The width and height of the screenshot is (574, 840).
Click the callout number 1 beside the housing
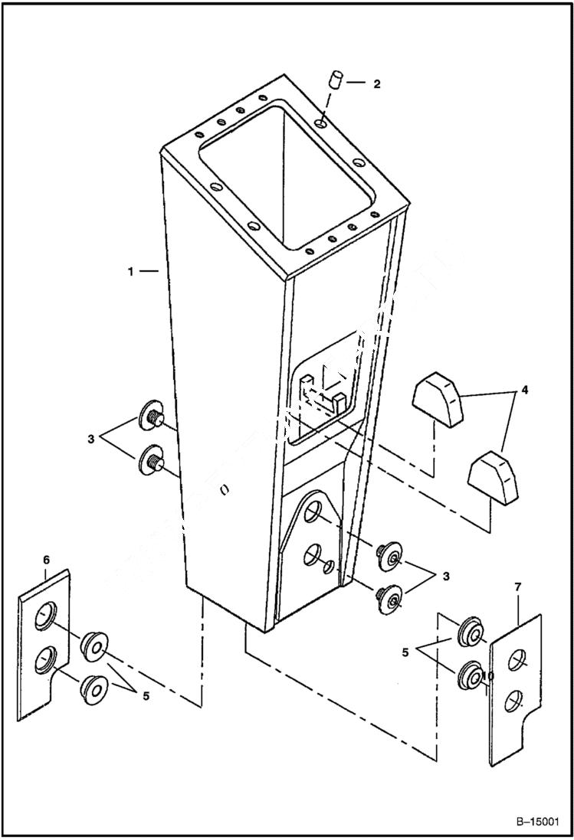click(x=133, y=271)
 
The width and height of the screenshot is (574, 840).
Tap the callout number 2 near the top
click(x=376, y=84)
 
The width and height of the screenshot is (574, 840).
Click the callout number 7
click(x=517, y=587)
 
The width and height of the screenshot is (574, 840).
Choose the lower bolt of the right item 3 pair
click(x=389, y=599)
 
